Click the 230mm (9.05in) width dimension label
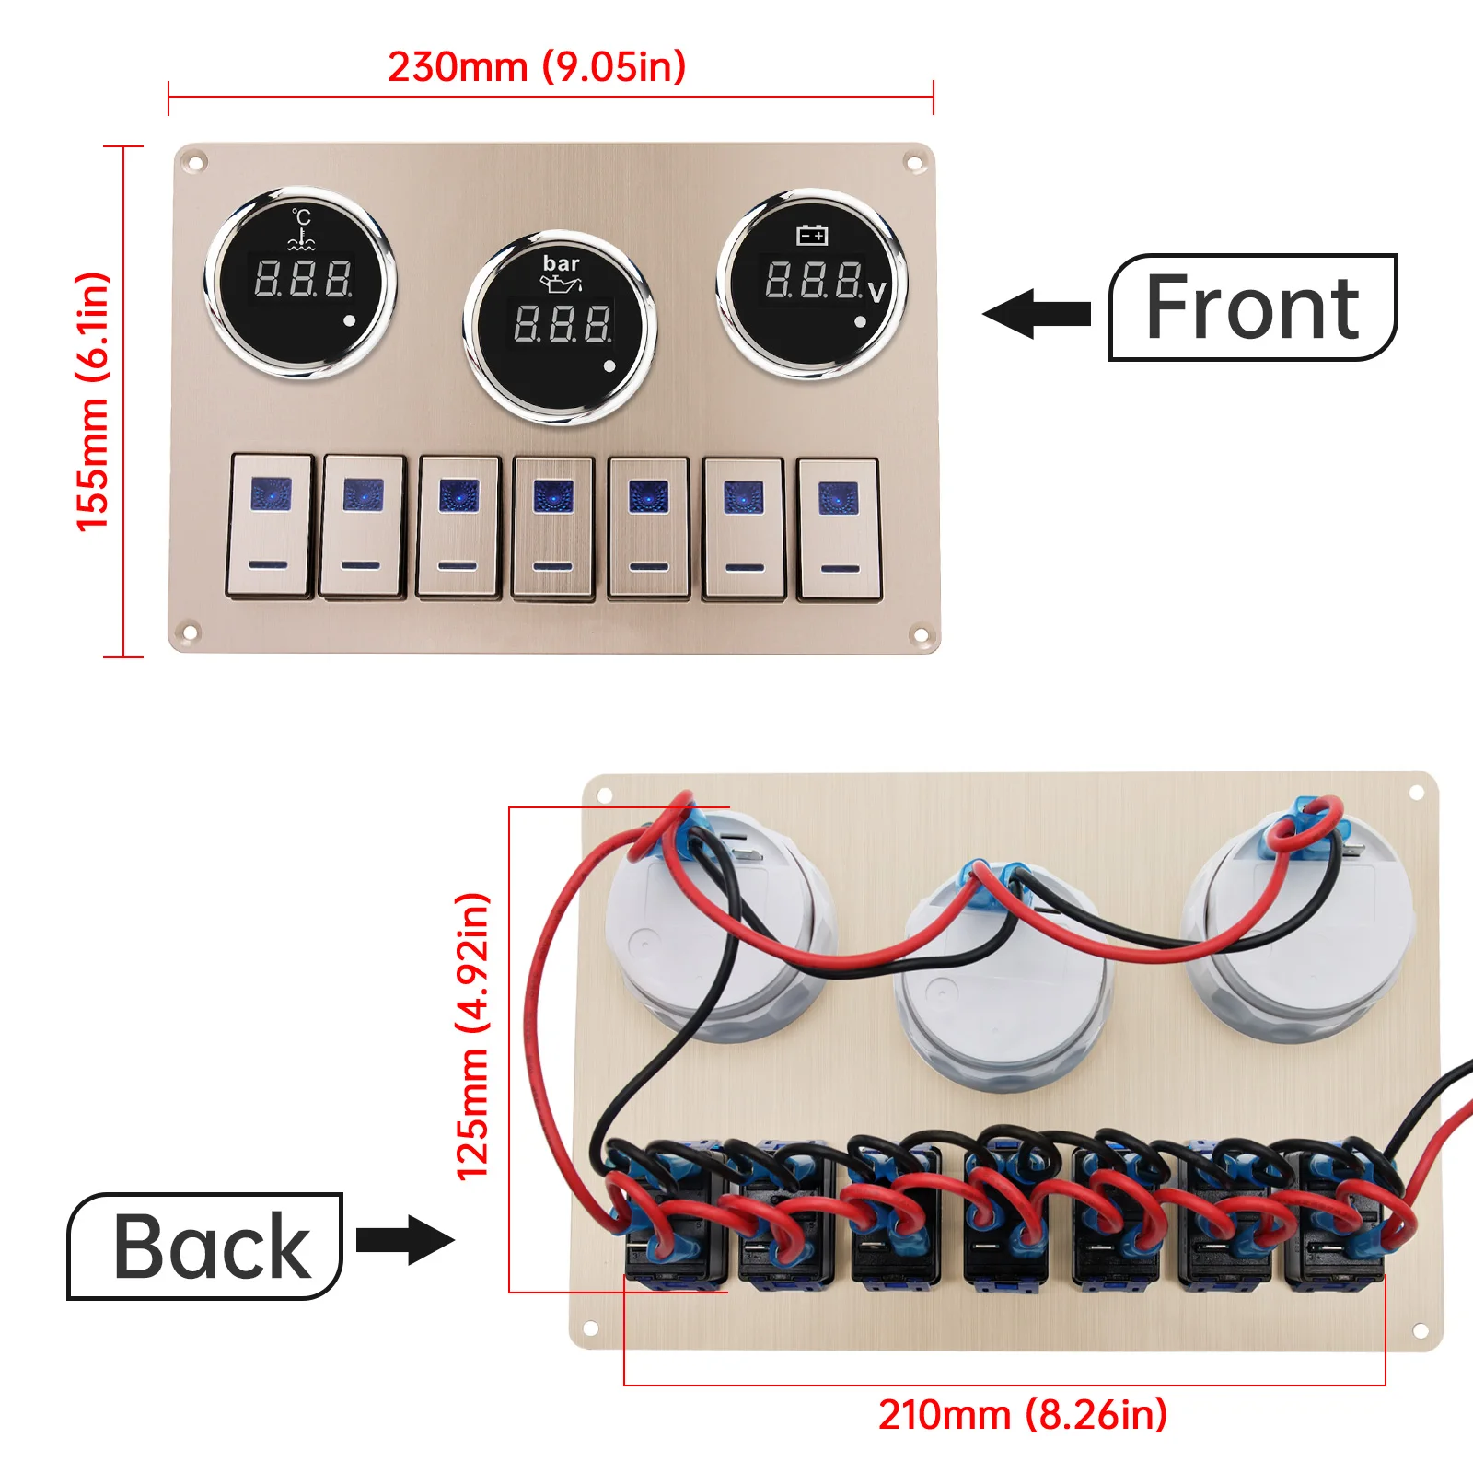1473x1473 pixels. [x=537, y=67]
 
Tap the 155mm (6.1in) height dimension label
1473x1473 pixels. [x=93, y=401]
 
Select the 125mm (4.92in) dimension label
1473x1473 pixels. [x=473, y=1037]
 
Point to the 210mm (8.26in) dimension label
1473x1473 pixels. [x=1022, y=1415]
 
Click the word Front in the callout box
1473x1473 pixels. [x=1252, y=308]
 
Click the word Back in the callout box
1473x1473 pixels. [x=212, y=1247]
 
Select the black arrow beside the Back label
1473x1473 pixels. [x=405, y=1239]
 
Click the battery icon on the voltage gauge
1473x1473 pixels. [x=812, y=236]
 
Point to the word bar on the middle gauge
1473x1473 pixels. [x=561, y=263]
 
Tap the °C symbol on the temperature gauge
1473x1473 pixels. [x=301, y=217]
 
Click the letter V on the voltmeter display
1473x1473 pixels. [x=876, y=292]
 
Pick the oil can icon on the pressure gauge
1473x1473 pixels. [x=561, y=284]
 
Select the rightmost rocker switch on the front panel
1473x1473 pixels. [x=839, y=528]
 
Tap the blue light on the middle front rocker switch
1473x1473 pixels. [x=553, y=495]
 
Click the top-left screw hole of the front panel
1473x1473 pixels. [x=194, y=164]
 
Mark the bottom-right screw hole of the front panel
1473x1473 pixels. [x=918, y=634]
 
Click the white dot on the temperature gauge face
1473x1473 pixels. [x=349, y=321]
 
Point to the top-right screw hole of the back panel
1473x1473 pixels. [x=1417, y=793]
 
